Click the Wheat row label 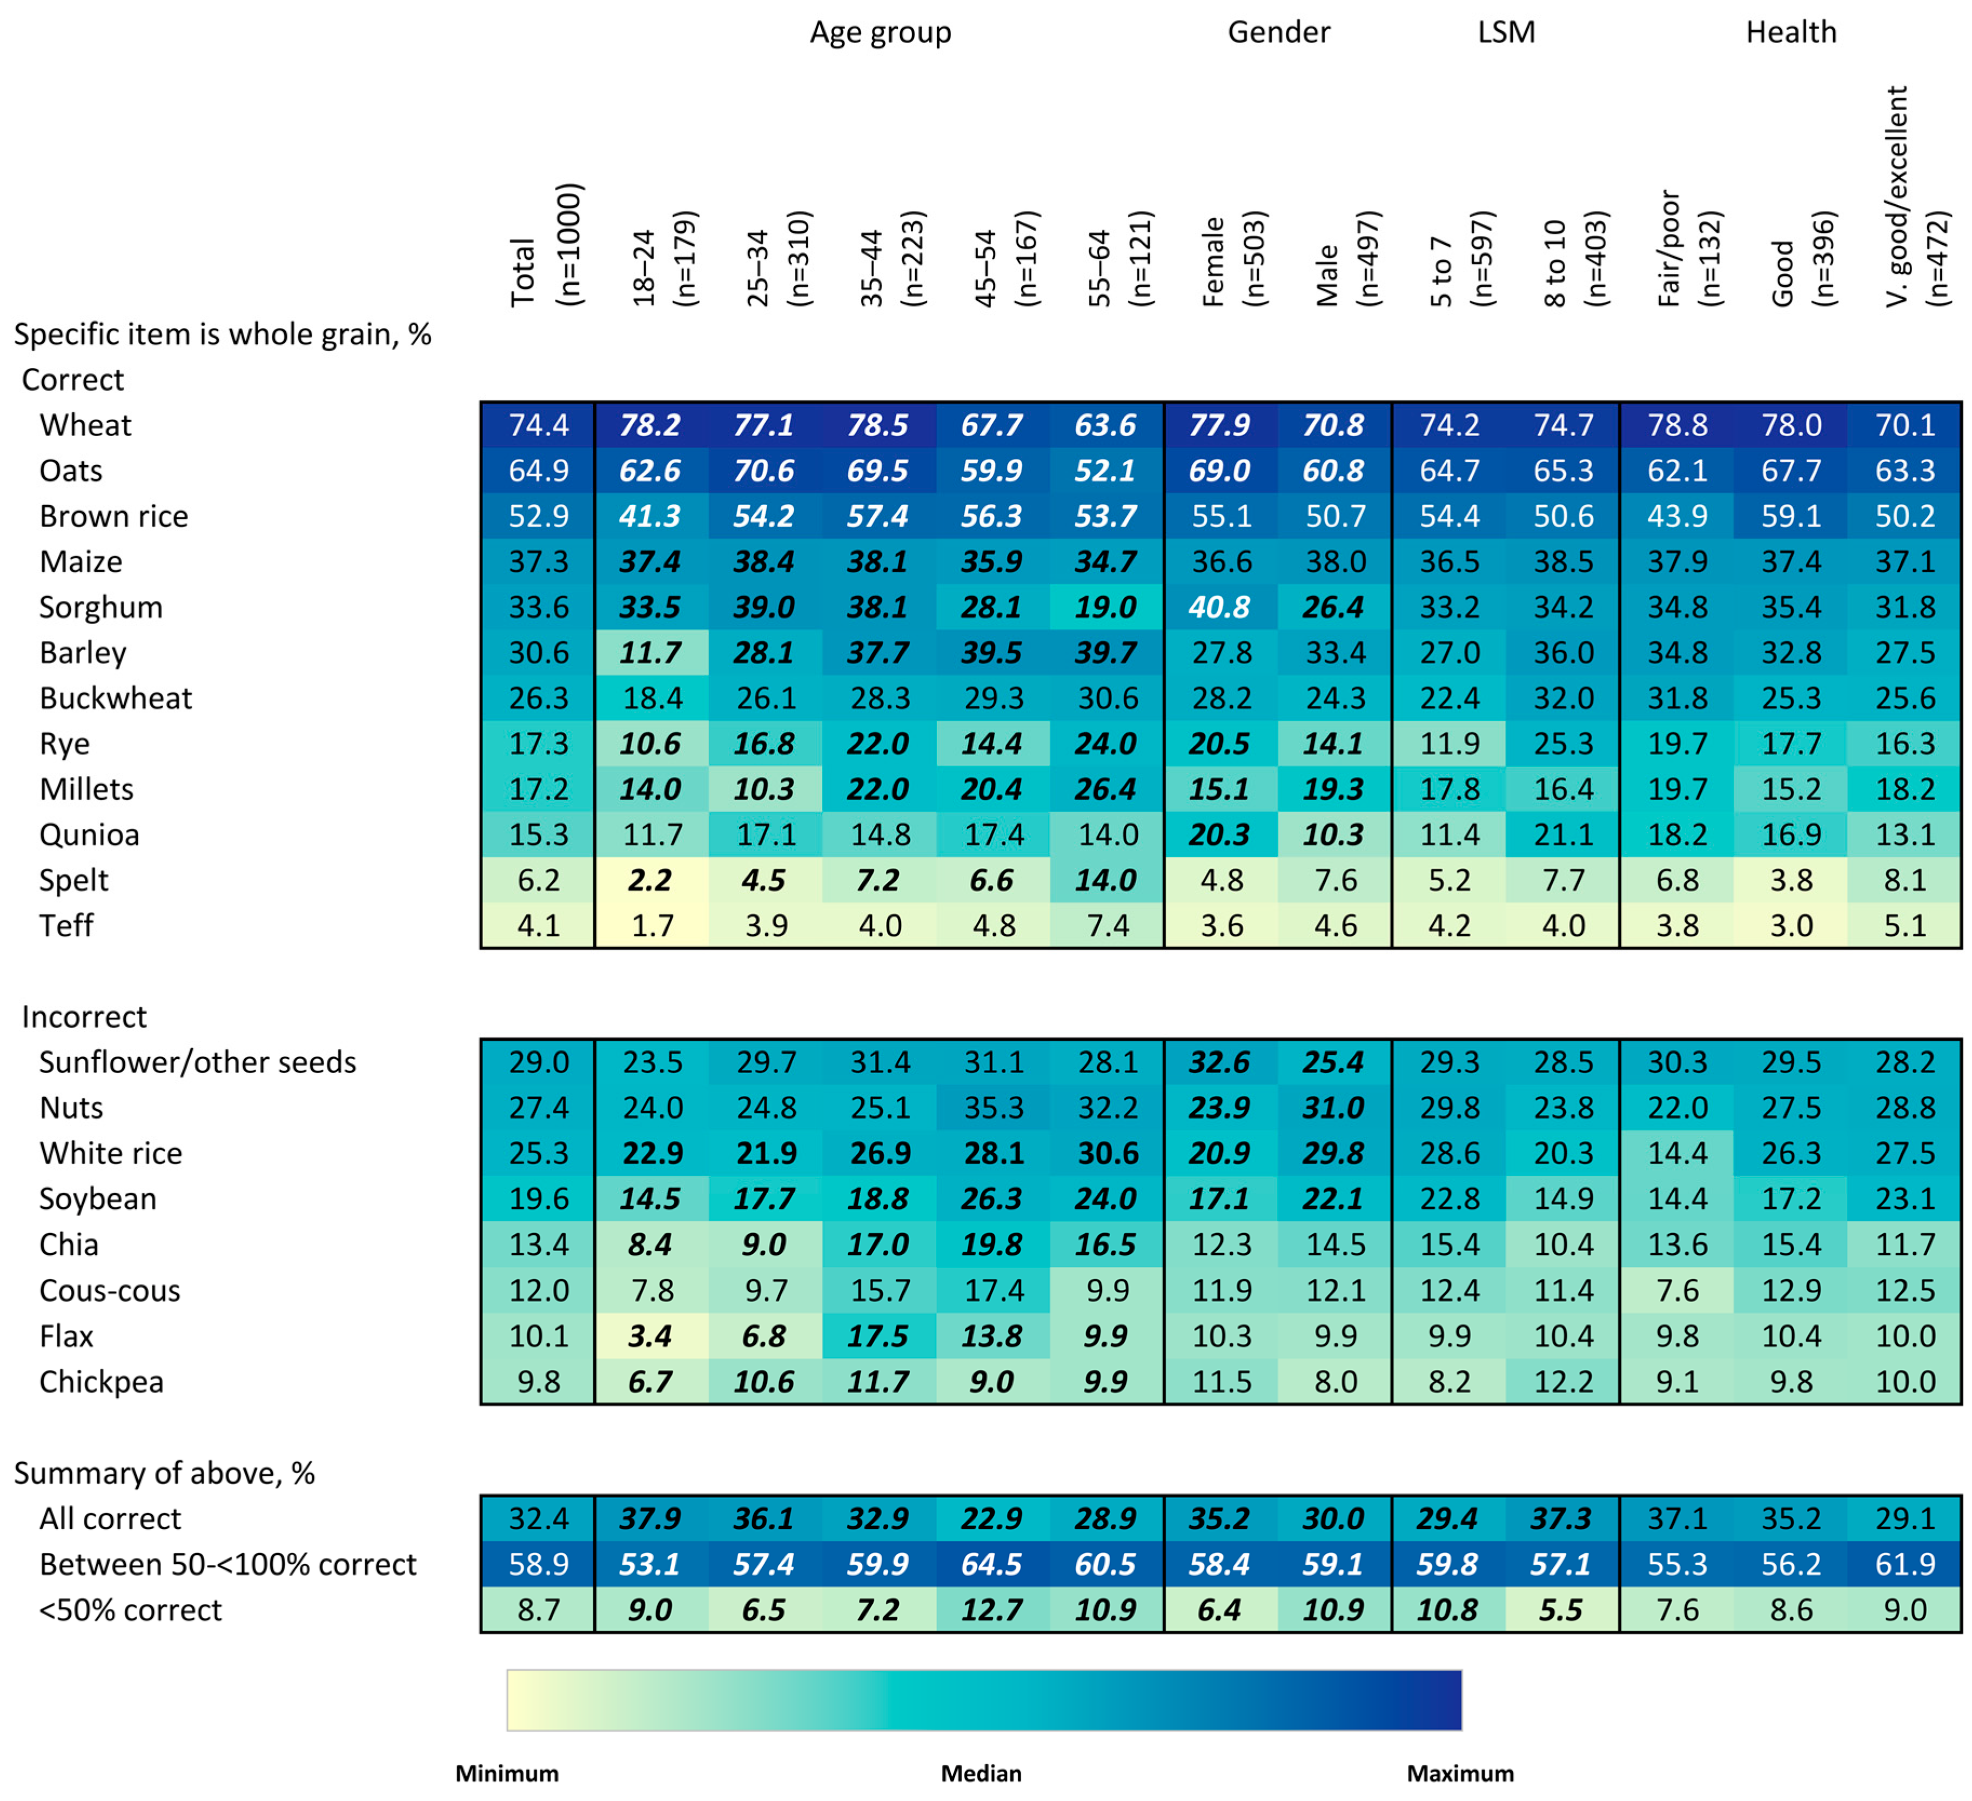[85, 425]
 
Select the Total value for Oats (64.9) [538, 471]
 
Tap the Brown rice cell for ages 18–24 [650, 515]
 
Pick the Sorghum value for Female [1220, 606]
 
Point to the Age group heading [880, 32]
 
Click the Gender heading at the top [1278, 32]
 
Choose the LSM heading [1506, 32]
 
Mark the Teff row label [66, 926]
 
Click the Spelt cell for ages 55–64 [1106, 880]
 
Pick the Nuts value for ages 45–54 [994, 1107]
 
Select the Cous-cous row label [110, 1290]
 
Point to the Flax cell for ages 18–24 [650, 1335]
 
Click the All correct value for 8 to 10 [1562, 1518]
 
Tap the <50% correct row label [130, 1609]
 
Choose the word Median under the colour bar [981, 1772]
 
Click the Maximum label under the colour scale [1459, 1772]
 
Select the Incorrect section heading [84, 1016]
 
